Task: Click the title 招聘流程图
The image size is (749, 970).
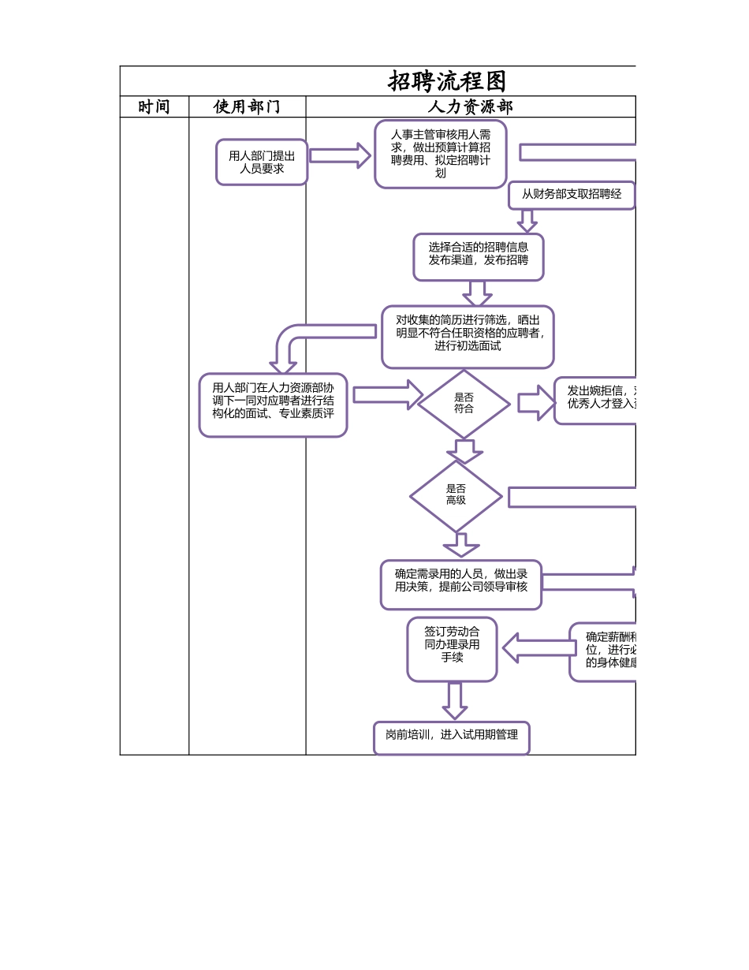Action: pos(446,81)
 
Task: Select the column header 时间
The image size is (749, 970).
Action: pos(154,106)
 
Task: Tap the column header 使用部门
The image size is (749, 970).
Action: pos(247,106)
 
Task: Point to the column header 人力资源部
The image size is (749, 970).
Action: pos(470,106)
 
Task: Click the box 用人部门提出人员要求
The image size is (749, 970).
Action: pos(262,162)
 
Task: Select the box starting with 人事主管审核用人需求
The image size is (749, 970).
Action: pos(440,154)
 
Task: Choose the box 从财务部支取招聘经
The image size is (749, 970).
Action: pos(572,195)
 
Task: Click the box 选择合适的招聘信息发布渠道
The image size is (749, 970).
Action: pos(478,256)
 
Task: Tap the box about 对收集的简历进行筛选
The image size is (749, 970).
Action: pos(468,337)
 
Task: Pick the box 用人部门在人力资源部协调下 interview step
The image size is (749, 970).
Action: pos(273,405)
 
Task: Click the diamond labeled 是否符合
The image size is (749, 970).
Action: pos(464,404)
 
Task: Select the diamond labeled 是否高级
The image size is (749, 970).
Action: pos(456,496)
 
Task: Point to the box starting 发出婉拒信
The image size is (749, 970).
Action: pos(595,401)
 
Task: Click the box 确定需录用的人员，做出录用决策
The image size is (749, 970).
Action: pos(460,584)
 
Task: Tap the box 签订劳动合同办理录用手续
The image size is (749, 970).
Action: pos(452,649)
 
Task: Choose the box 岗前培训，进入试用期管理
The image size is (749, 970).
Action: pos(451,737)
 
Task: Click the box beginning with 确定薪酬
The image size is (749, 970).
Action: pos(603,651)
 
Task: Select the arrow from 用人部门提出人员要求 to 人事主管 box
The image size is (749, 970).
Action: pos(340,155)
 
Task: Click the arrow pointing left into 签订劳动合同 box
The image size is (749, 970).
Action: pos(538,648)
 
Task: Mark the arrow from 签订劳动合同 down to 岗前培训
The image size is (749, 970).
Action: pos(454,700)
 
